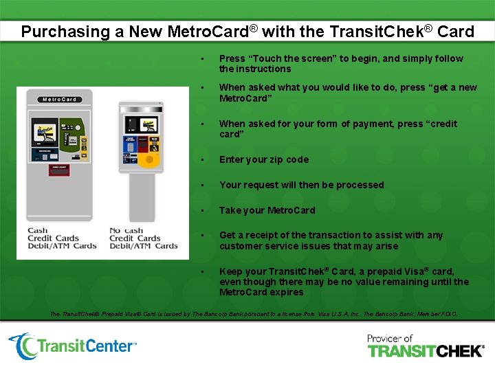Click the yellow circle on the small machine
click(x=153, y=160)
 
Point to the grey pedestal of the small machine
click(x=142, y=196)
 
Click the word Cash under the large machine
click(x=38, y=232)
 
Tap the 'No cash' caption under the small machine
click(x=126, y=232)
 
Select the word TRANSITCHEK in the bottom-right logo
click(x=426, y=351)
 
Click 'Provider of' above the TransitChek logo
click(x=390, y=338)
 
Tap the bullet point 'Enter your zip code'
click(x=264, y=159)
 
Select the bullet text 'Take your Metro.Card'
click(x=267, y=210)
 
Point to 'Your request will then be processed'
click(x=301, y=185)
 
